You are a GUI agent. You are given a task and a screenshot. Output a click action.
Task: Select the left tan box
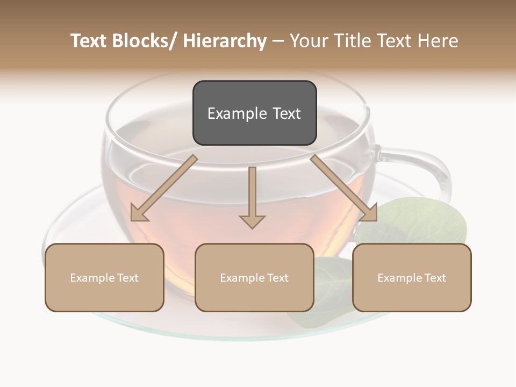click(104, 277)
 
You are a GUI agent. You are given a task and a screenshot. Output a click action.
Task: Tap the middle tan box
click(254, 277)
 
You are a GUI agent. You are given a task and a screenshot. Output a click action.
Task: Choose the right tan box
click(412, 277)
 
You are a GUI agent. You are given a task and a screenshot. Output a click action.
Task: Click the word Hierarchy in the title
click(225, 41)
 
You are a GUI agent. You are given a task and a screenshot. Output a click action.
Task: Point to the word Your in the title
click(308, 41)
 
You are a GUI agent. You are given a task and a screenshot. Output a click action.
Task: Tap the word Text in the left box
click(127, 278)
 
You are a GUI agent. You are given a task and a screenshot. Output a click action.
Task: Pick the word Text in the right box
click(435, 278)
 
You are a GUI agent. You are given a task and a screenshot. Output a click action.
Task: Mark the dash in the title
click(278, 41)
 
